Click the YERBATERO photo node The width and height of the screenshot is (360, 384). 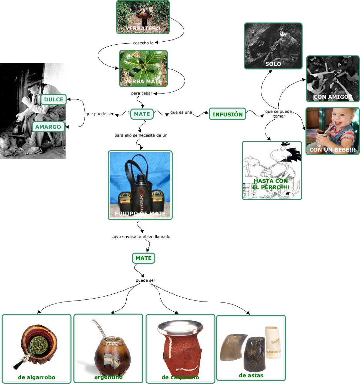pos(143,17)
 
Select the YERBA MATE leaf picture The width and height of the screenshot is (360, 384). pos(143,68)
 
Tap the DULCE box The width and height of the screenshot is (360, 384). pos(54,99)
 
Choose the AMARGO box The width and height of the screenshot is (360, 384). pos(48,127)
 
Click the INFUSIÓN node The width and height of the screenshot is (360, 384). pos(227,114)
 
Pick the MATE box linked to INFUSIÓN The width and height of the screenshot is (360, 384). pos(142,114)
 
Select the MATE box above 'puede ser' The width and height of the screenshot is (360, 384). pos(144,258)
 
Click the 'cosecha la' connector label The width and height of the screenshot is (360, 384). pos(143,43)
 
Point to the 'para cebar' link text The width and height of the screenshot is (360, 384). pos(142,93)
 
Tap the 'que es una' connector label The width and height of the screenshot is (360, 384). pos(181,112)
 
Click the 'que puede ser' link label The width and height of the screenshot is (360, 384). pos(100,114)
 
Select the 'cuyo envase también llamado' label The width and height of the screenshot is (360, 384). pos(141,237)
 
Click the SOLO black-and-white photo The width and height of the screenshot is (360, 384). pos(273,46)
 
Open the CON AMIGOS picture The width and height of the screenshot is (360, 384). pos(333,79)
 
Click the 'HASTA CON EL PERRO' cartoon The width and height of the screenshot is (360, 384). pos(272,170)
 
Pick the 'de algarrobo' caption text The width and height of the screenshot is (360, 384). pos(37,377)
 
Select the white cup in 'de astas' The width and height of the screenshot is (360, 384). pos(273,342)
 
